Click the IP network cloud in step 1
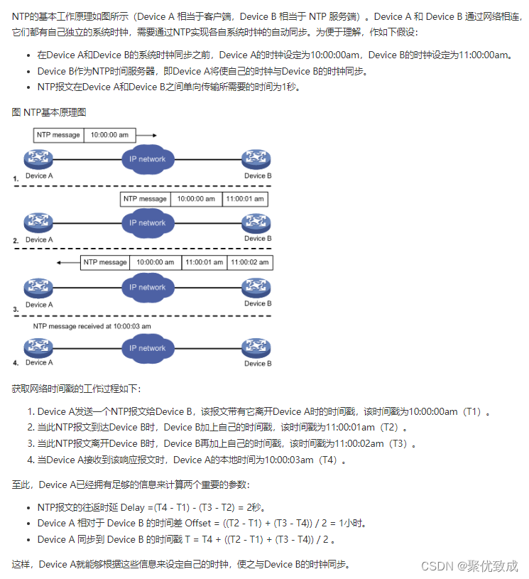tap(148, 158)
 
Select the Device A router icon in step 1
tap(36, 160)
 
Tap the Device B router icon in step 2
tap(256, 222)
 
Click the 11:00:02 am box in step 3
tap(249, 262)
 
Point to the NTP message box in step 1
tap(58, 134)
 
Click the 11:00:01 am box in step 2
tap(245, 199)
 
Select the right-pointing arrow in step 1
tap(146, 134)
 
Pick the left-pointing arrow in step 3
tap(69, 262)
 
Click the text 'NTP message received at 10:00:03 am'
tap(92, 325)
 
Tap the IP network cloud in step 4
tap(148, 348)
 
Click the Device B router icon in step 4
tap(256, 348)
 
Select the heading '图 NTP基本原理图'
tap(49, 112)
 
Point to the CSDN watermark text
tap(469, 566)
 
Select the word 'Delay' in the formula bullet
tap(134, 508)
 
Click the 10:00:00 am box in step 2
tap(196, 199)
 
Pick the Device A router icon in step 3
tap(36, 288)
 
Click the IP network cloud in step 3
tap(148, 287)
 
